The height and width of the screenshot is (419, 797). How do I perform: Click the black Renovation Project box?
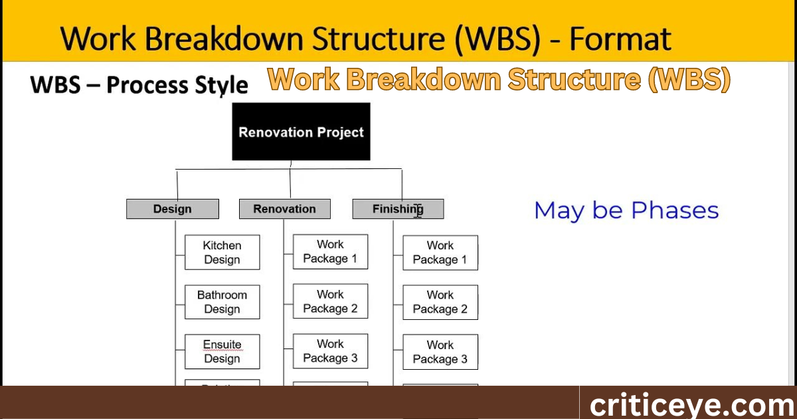coord(301,132)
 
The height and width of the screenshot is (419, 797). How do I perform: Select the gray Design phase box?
coord(172,209)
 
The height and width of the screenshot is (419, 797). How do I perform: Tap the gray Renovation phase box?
coord(284,209)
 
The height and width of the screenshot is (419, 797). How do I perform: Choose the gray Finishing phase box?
coord(397,209)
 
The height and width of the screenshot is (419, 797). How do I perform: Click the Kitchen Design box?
coord(222,253)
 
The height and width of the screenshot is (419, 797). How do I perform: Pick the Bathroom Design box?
coord(222,302)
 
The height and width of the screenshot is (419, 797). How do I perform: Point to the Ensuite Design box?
coord(222,352)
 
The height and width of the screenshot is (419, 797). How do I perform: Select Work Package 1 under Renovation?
coord(330,252)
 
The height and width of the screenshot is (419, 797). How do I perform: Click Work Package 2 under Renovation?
coord(330,301)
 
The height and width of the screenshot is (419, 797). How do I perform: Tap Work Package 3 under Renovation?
coord(330,351)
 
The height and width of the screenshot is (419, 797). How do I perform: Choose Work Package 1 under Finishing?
coord(440,253)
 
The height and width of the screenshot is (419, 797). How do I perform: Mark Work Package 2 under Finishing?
coord(440,302)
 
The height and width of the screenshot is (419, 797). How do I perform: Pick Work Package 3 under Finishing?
coord(440,352)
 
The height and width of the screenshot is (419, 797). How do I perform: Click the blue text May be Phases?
coord(626,211)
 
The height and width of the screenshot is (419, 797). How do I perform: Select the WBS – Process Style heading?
coord(139,85)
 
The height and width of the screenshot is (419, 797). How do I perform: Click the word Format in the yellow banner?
coord(620,39)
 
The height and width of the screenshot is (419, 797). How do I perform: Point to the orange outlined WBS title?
coord(499,80)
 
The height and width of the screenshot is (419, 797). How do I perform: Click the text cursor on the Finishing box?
coord(418,210)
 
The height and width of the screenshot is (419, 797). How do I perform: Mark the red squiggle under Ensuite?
coord(222,350)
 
